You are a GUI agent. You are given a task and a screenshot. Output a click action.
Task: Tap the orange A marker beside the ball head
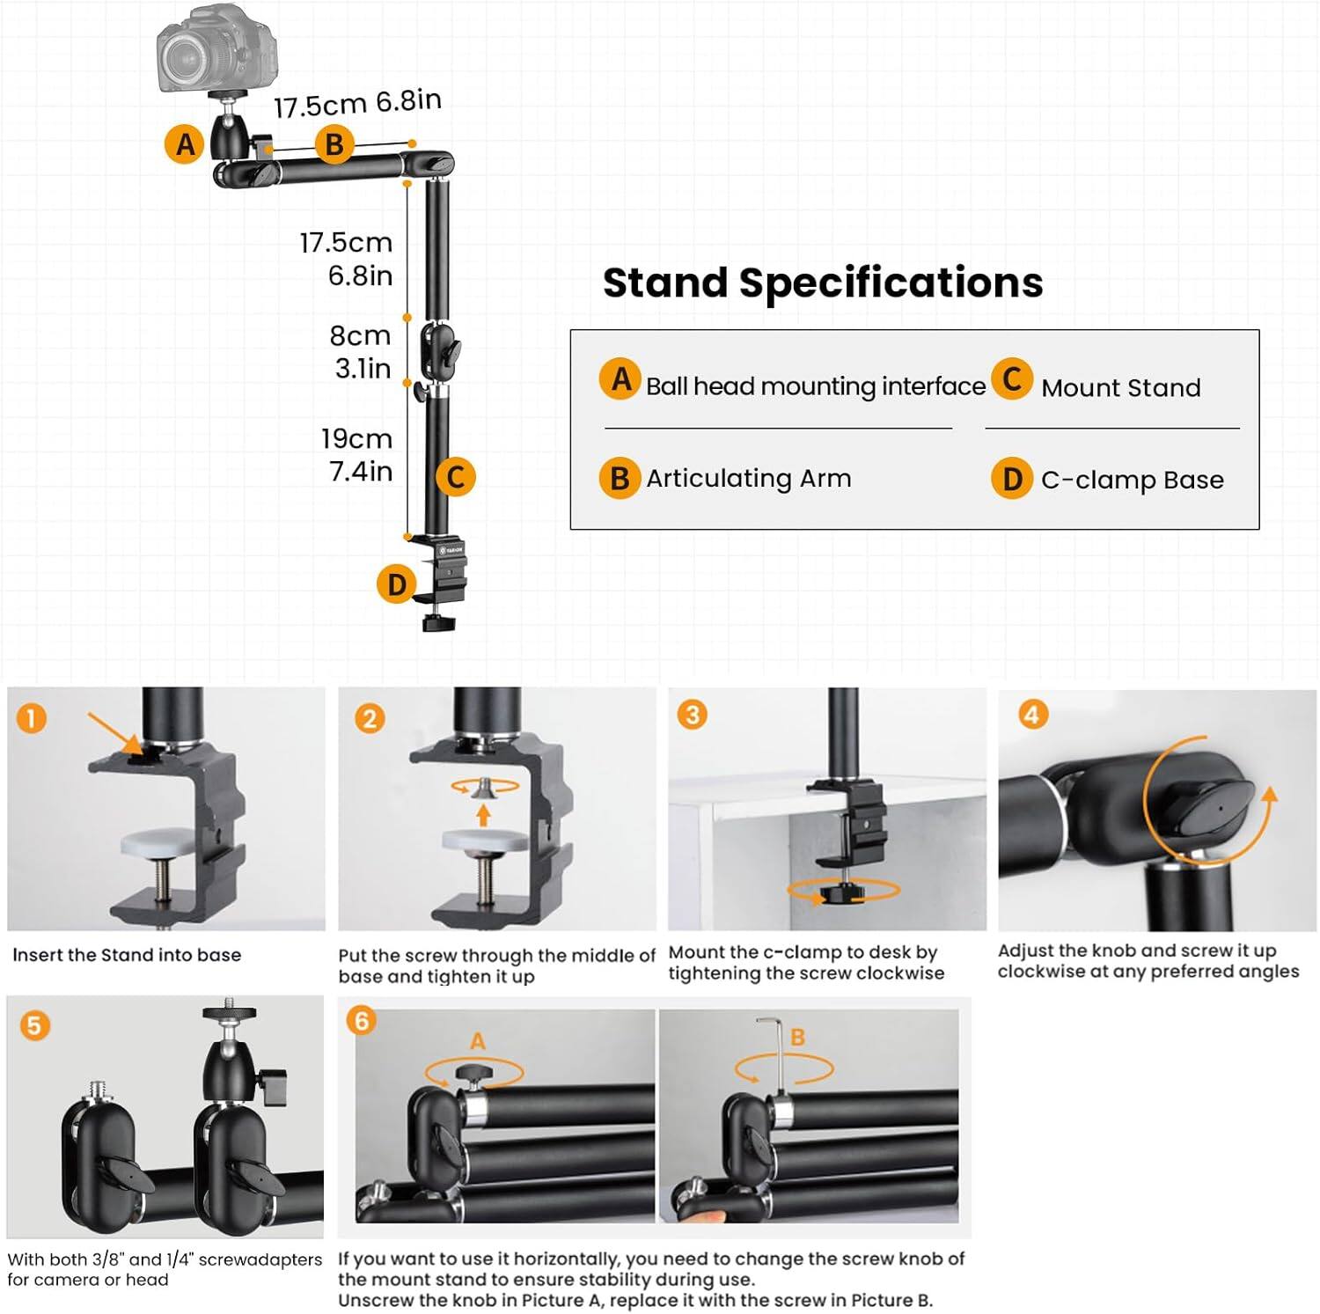tap(185, 143)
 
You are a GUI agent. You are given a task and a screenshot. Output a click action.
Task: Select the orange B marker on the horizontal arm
tap(334, 143)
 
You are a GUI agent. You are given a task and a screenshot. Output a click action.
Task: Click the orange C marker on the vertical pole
tap(456, 477)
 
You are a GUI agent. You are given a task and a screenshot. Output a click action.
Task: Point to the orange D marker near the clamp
tap(397, 584)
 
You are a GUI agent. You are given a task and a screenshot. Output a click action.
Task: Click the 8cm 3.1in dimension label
tap(361, 351)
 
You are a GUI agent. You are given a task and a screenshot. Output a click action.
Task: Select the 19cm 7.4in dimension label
tap(356, 454)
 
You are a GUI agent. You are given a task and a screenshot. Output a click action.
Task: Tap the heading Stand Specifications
tap(823, 283)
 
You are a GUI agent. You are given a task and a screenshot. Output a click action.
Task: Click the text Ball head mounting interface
tap(815, 386)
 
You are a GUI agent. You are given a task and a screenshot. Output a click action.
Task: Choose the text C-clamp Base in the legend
tap(1132, 480)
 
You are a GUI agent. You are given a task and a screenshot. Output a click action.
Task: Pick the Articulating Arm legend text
tap(748, 479)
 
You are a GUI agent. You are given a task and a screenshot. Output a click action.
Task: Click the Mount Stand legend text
tap(1120, 388)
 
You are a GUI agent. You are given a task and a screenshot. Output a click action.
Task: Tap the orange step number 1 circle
tap(31, 718)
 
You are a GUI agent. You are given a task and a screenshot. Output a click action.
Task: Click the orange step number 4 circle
tap(1032, 714)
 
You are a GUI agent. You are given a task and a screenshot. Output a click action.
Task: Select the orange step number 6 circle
tap(361, 1021)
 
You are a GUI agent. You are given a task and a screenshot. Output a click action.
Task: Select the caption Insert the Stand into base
tap(127, 955)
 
